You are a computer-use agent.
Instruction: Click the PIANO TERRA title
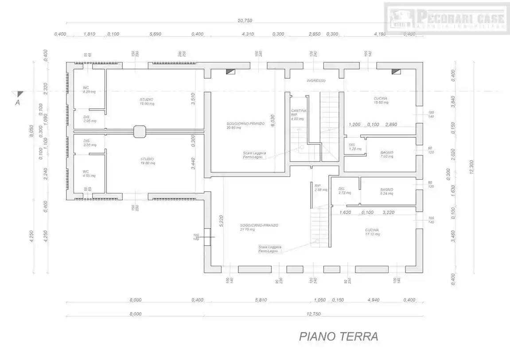click(x=339, y=337)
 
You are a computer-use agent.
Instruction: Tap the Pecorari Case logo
click(x=446, y=18)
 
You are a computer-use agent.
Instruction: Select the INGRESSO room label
click(x=316, y=81)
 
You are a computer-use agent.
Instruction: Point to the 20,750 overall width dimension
click(x=245, y=20)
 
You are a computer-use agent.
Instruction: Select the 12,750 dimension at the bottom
click(x=313, y=314)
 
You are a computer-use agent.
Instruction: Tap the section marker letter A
click(x=18, y=102)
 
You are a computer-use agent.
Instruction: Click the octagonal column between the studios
click(x=139, y=131)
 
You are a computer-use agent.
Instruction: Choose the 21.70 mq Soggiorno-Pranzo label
click(x=259, y=227)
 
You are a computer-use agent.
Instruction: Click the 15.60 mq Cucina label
click(x=380, y=101)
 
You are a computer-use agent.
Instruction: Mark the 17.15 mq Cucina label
click(x=372, y=232)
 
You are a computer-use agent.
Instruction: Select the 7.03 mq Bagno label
click(x=386, y=154)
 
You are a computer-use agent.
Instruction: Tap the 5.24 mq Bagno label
click(x=386, y=191)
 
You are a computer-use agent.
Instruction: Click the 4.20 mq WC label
click(x=89, y=89)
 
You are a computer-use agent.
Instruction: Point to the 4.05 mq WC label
click(x=89, y=174)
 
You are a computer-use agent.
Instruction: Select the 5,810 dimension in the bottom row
click(x=261, y=300)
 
